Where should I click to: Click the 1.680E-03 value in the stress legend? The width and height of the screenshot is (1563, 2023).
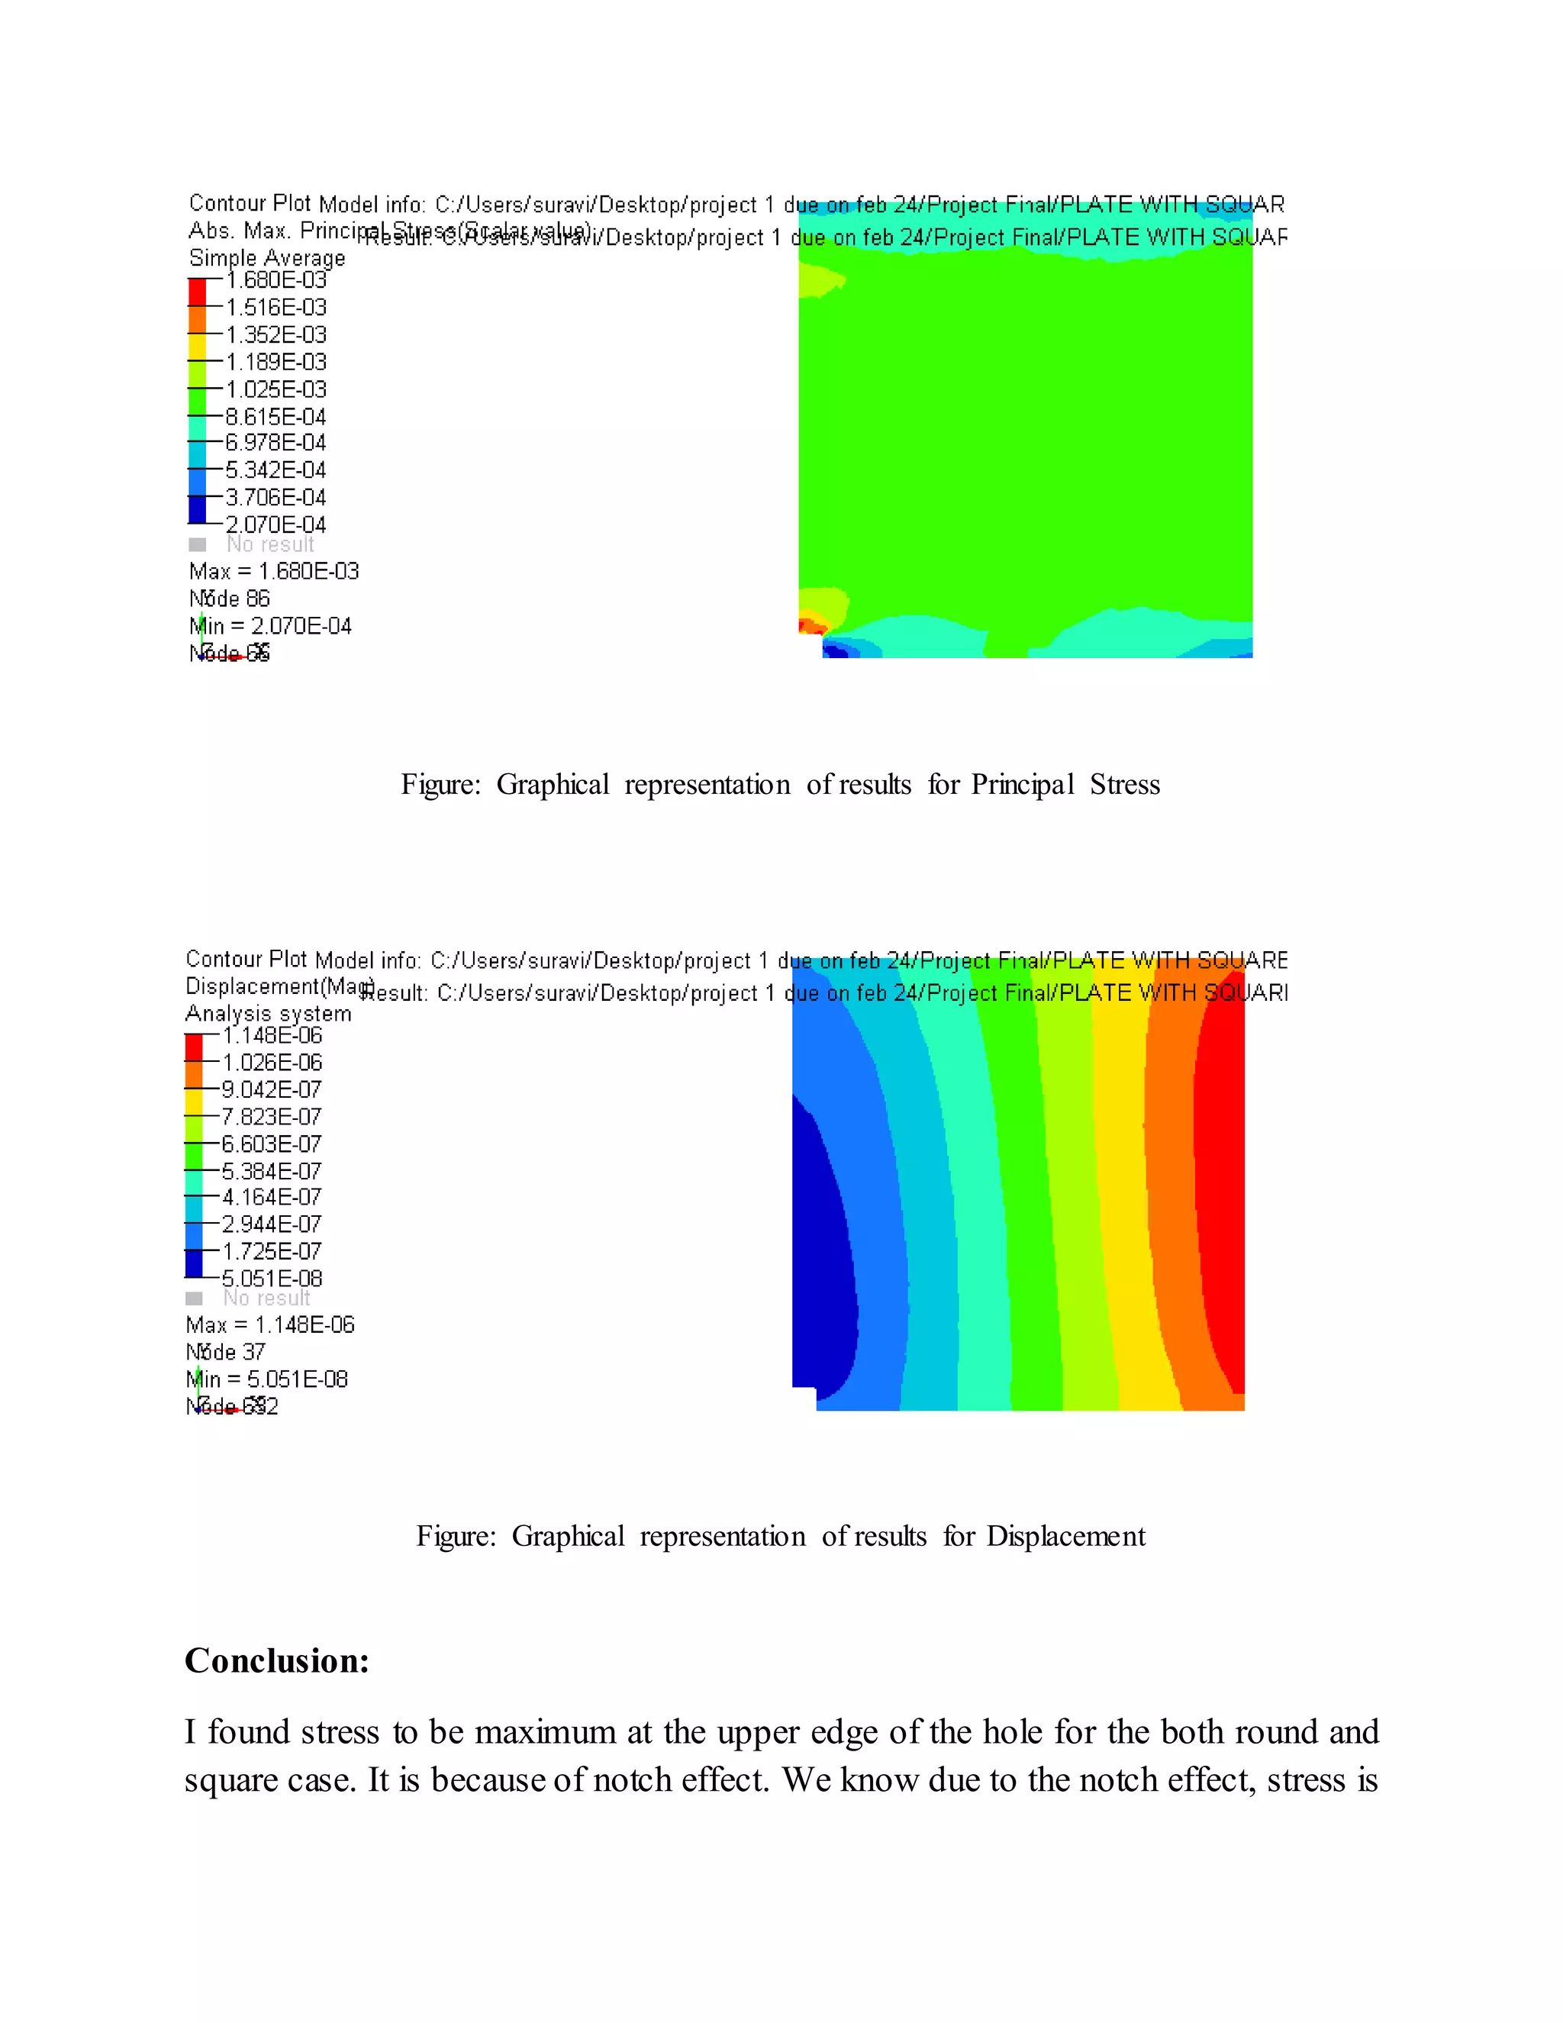click(276, 279)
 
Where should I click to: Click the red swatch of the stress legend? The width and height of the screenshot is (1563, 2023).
click(197, 292)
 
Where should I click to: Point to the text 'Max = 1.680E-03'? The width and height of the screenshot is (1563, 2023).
click(273, 572)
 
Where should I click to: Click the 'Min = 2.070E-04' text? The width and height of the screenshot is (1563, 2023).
click(269, 626)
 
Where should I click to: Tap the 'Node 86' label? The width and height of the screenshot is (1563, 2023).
click(229, 599)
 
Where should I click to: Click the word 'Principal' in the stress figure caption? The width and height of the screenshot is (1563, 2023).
click(1022, 785)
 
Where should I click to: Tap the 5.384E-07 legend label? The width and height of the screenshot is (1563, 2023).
click(271, 1172)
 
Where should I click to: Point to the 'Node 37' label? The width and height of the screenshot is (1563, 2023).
click(225, 1353)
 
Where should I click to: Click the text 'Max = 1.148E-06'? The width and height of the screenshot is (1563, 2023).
click(269, 1325)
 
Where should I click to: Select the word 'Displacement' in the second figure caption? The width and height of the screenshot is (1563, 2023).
click(1065, 1537)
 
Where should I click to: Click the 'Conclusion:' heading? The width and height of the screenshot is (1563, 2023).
click(277, 1662)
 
